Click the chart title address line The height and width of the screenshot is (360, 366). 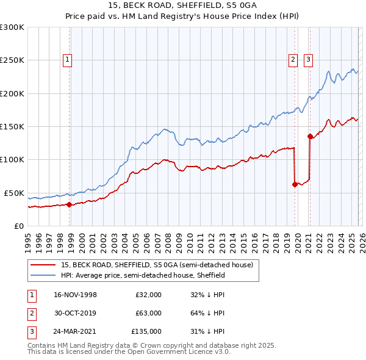tap(183, 6)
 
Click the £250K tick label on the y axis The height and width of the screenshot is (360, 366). tap(12, 60)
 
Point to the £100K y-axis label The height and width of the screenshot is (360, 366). tap(12, 159)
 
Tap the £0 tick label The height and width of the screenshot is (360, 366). tap(18, 226)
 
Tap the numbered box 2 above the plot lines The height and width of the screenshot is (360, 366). tap(293, 60)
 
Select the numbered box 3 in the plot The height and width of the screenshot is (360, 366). tap(308, 60)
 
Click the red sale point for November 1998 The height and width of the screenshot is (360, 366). tap(69, 204)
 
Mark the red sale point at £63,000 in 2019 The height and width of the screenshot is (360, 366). tap(295, 184)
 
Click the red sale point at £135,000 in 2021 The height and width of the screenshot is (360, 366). tap(310, 136)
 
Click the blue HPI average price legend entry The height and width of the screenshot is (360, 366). tap(143, 275)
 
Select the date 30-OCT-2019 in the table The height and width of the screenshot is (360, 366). tap(76, 313)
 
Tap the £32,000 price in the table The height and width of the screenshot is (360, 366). tap(148, 294)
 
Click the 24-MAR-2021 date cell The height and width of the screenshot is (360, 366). tap(76, 332)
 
